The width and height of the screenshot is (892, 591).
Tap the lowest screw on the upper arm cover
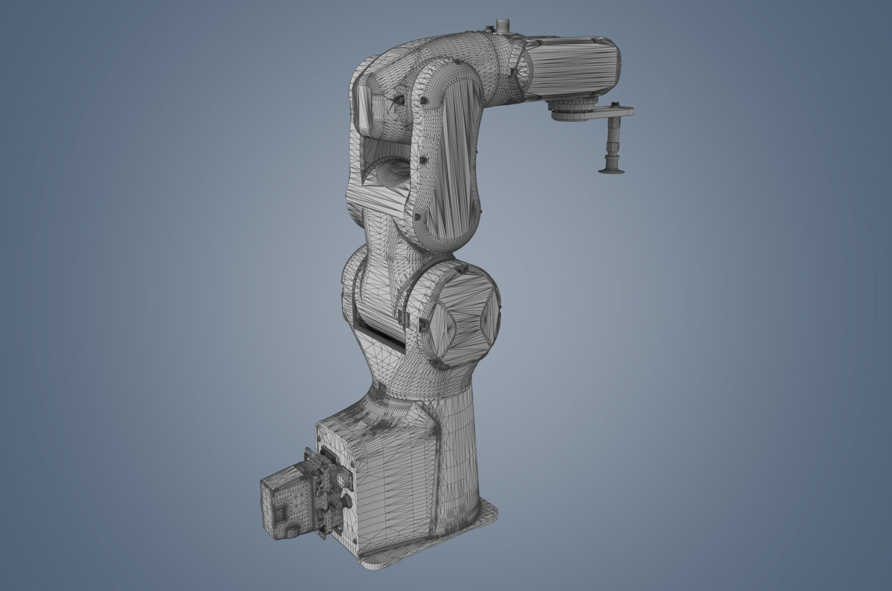tap(416, 217)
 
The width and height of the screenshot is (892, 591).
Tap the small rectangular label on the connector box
tap(280, 514)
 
